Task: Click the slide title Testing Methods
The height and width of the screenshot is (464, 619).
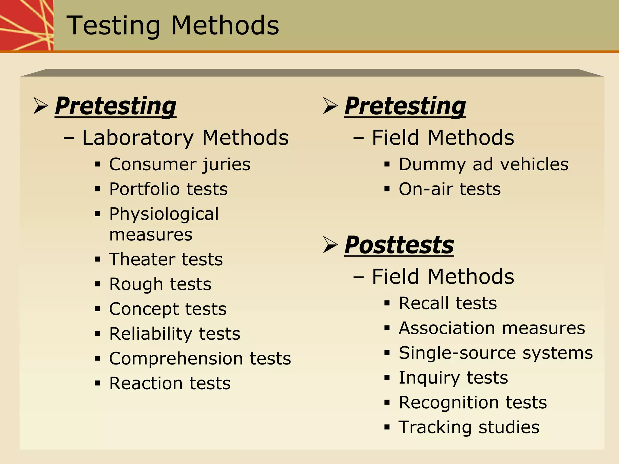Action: [173, 26]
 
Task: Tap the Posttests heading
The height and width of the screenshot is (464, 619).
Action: [399, 245]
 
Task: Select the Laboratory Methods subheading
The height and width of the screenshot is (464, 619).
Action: [185, 138]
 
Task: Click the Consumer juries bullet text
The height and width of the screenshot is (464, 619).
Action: [180, 165]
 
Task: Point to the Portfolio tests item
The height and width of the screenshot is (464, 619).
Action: [168, 189]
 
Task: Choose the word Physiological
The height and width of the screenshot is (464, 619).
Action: [164, 214]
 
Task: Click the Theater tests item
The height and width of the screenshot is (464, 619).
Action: [166, 260]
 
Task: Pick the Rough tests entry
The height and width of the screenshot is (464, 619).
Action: [160, 284]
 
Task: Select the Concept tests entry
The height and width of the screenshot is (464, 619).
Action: [168, 309]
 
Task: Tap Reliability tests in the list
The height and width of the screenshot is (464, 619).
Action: [175, 334]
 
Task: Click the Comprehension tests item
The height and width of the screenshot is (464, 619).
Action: [200, 359]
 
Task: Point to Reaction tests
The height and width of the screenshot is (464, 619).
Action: [170, 384]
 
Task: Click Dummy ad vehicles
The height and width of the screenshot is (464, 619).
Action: [483, 165]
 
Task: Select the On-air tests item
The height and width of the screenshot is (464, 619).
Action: [449, 189]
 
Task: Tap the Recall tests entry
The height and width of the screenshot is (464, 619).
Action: [448, 303]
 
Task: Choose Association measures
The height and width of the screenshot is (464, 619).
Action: [492, 328]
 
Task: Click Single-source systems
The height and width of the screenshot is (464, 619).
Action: [496, 353]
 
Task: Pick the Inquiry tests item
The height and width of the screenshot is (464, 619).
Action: [453, 378]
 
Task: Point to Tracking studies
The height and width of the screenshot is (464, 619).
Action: [469, 427]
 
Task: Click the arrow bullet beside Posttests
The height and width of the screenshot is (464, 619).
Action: [330, 245]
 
